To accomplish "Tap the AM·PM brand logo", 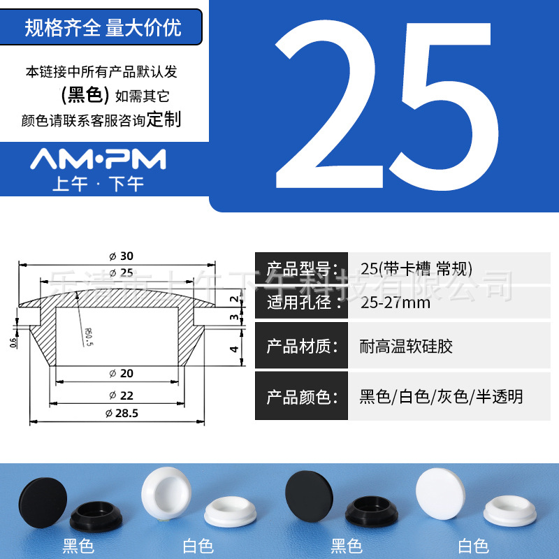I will pyautogui.click(x=98, y=159).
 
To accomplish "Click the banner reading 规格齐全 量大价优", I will pyautogui.click(x=103, y=28).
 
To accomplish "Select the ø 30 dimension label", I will pyautogui.click(x=122, y=256).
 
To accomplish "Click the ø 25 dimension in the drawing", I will pyautogui.click(x=122, y=272).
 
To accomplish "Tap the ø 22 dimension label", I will pyautogui.click(x=122, y=395).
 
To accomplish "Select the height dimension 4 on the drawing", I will pyautogui.click(x=235, y=349).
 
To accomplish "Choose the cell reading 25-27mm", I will pyautogui.click(x=395, y=303).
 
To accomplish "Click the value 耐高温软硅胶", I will pyautogui.click(x=405, y=346).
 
